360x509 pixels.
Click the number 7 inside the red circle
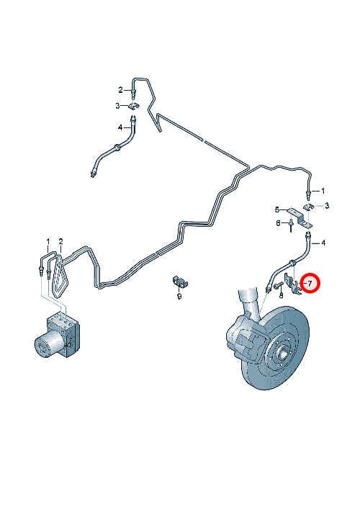[310, 283]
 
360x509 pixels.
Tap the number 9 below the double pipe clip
[179, 296]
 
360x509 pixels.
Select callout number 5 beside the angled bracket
[277, 210]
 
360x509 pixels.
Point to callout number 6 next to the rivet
[278, 223]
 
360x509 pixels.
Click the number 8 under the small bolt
[281, 295]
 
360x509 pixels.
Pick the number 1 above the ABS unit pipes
[48, 241]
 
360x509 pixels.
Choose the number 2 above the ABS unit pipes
[60, 241]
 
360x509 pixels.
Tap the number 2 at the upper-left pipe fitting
[120, 90]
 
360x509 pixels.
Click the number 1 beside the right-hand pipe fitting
[323, 191]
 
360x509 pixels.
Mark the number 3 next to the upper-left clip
[117, 106]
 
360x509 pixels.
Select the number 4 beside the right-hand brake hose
[323, 243]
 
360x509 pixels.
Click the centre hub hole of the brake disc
[284, 351]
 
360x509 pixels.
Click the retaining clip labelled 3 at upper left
[133, 106]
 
